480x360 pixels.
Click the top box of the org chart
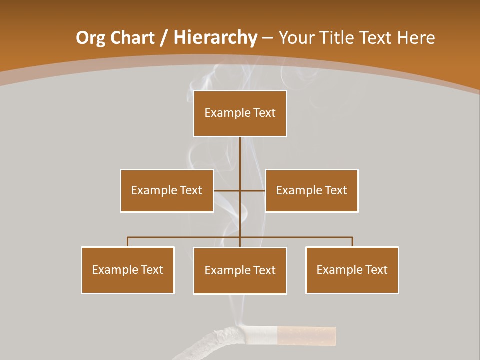click(240, 113)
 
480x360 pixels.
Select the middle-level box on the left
click(167, 190)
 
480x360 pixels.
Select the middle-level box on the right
click(311, 190)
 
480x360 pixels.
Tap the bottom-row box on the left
click(128, 270)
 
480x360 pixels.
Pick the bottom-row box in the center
click(240, 270)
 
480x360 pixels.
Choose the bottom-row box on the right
click(352, 270)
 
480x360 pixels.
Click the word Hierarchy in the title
click(215, 38)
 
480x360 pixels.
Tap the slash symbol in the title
click(164, 38)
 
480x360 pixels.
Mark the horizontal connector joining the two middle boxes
click(240, 190)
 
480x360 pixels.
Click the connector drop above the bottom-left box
click(128, 242)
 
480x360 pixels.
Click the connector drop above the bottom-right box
click(352, 242)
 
